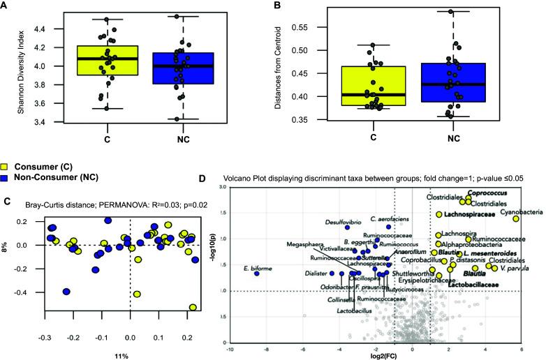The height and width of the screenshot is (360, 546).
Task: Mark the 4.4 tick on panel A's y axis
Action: pos(32,29)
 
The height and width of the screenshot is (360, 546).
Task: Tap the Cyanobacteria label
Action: pos(517,209)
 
